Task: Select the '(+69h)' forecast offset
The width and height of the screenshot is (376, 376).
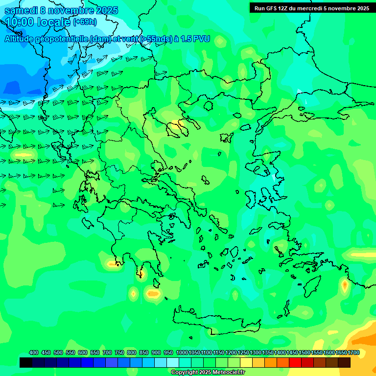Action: point(85,22)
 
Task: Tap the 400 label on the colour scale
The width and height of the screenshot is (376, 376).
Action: point(34,352)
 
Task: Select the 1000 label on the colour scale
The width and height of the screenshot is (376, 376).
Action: point(182,352)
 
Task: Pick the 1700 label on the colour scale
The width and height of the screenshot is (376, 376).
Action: point(353,352)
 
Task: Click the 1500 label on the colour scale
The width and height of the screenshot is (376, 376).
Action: point(304,352)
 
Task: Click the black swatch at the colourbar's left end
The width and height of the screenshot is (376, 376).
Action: point(26,362)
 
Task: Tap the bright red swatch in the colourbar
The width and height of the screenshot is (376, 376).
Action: point(295,362)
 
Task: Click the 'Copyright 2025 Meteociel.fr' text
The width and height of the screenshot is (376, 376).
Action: point(208,372)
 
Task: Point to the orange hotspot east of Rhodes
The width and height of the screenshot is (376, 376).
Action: point(345,284)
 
